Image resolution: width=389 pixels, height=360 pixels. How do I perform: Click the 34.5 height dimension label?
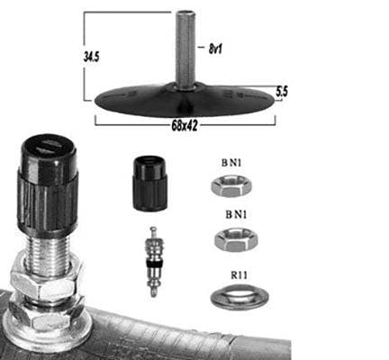(91, 57)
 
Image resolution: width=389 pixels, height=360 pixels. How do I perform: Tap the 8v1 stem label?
(215, 49)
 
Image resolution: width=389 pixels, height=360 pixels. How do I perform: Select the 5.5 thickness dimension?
(282, 92)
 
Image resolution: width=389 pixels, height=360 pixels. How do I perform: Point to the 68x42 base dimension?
(185, 126)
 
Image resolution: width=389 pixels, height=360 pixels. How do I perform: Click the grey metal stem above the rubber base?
(185, 49)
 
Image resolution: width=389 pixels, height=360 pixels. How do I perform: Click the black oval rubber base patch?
(185, 100)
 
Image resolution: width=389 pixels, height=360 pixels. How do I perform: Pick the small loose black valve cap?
(149, 184)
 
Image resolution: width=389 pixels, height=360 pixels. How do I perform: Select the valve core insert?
(153, 261)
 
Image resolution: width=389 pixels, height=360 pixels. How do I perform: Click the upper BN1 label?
(231, 163)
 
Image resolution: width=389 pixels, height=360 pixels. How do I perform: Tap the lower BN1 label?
(236, 214)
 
